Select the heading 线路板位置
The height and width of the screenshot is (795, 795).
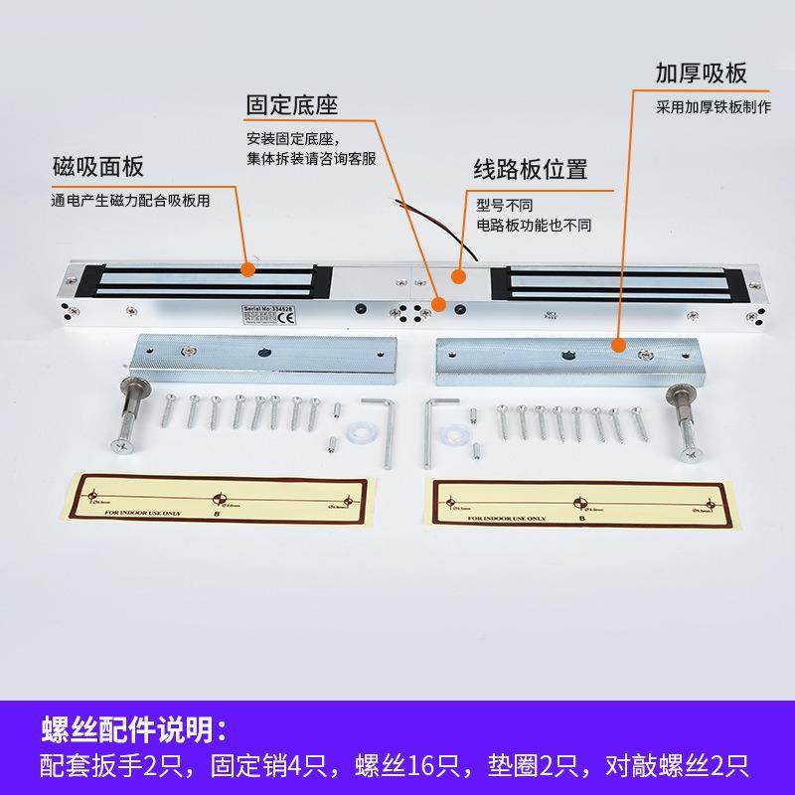pyautogui.click(x=530, y=168)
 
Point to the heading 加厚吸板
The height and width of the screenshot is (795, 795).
pyautogui.click(x=701, y=75)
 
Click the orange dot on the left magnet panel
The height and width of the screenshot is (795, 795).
pyautogui.click(x=246, y=268)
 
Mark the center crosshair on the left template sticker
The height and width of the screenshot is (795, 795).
pyautogui.click(x=220, y=500)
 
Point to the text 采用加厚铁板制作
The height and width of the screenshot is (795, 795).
pyautogui.click(x=714, y=106)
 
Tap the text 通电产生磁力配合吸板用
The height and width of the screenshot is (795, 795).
pyautogui.click(x=131, y=198)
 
